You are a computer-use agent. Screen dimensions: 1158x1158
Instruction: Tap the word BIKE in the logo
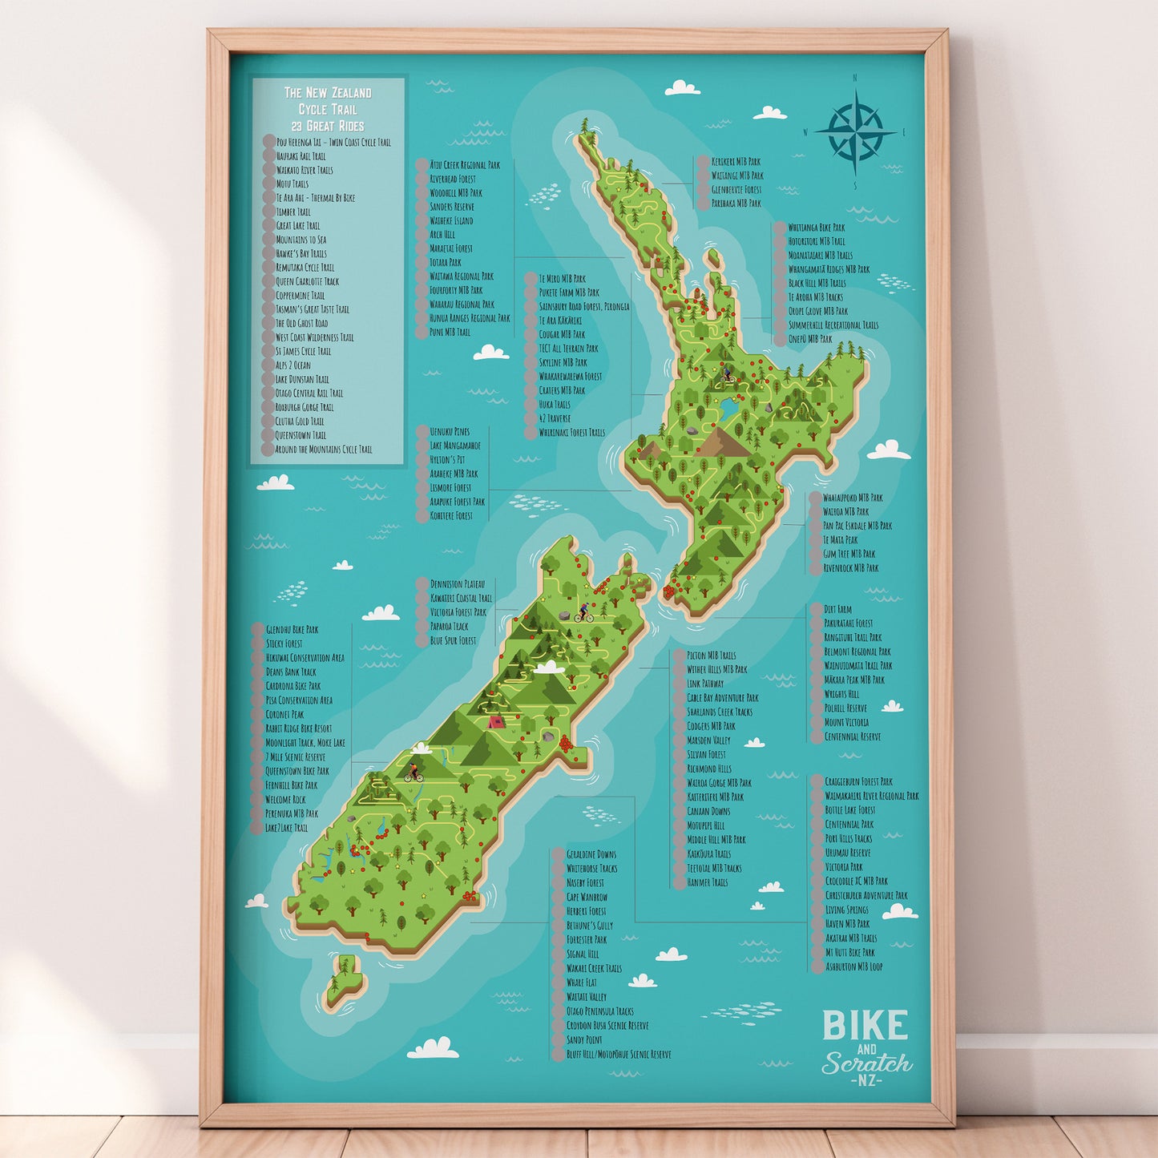point(865,1026)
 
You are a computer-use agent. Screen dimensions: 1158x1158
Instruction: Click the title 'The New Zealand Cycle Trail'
point(328,101)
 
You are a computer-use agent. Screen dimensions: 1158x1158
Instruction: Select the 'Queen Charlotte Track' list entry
point(307,281)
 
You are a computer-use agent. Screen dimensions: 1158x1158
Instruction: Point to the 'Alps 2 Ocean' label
point(293,365)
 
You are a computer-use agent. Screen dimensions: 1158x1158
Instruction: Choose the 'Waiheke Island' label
point(451,220)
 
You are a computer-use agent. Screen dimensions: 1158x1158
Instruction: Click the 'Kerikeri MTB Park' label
point(736,162)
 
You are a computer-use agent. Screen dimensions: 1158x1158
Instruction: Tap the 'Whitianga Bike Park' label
point(816,228)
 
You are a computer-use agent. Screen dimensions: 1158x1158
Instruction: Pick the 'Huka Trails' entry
point(555,404)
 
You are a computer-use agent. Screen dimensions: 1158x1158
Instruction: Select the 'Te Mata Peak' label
point(840,540)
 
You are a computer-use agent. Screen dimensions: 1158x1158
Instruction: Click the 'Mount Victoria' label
point(846,722)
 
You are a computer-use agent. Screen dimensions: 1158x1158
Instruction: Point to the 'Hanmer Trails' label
point(707,882)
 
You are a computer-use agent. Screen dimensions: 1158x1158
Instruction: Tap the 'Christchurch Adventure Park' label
point(866,895)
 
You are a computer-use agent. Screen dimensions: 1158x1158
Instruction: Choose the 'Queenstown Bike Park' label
point(297,771)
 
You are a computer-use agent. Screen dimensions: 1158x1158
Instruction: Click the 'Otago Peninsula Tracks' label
point(599,1011)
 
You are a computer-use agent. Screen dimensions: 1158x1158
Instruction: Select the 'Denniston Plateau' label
point(457,584)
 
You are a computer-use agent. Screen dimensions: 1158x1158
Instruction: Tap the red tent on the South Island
point(496,721)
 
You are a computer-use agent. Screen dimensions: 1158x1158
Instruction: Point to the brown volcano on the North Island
point(726,441)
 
